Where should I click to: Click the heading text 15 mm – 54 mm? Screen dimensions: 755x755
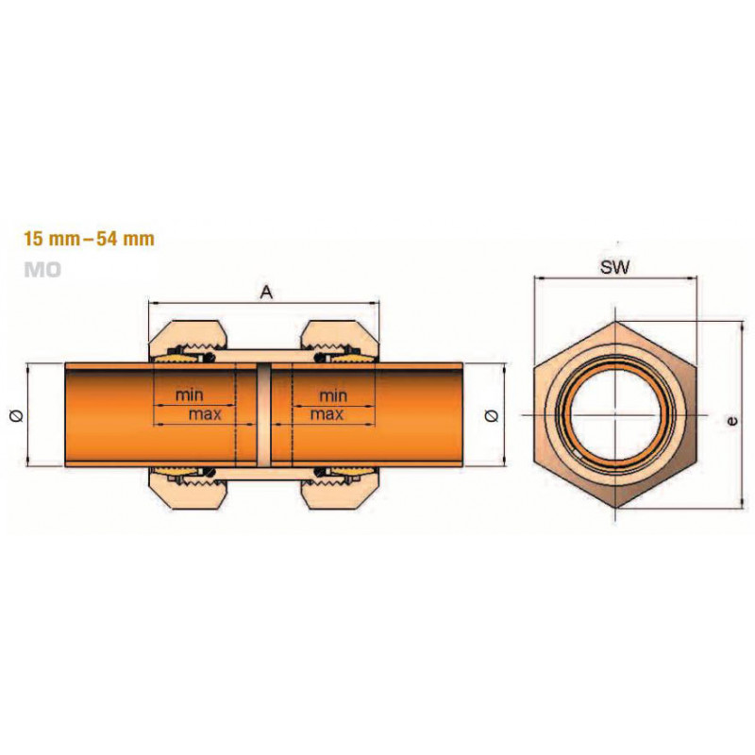90,239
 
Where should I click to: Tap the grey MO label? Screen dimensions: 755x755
42,270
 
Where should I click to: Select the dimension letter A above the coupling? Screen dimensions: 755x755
266,292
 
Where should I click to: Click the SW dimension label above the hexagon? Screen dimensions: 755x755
614,267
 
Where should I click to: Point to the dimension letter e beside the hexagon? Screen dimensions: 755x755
733,421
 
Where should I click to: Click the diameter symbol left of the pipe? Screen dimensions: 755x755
17,415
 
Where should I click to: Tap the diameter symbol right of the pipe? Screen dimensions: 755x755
493,415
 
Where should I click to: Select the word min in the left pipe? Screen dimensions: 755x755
190,395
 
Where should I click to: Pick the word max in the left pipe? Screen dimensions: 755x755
205,414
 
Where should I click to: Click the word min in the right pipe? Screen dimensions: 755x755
333,395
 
